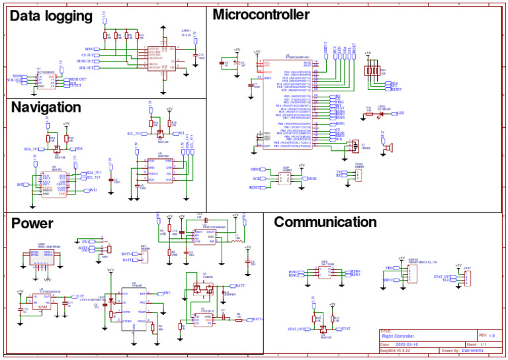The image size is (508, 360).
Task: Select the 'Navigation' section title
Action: click(x=46, y=107)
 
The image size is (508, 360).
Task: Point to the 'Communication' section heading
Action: click(x=325, y=222)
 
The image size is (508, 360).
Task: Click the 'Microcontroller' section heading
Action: click(x=261, y=15)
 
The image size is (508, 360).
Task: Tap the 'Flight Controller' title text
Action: click(x=400, y=336)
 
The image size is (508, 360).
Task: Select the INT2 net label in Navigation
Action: click(x=93, y=191)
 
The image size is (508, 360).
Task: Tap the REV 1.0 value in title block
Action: click(x=491, y=336)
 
